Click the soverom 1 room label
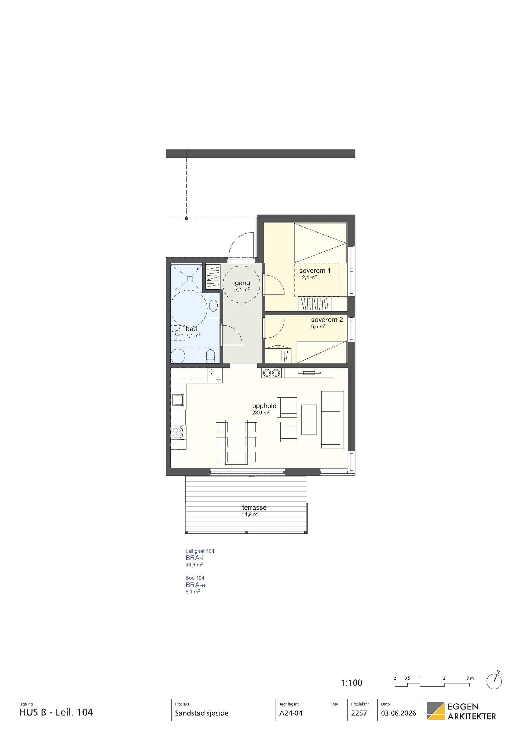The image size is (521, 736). click(x=315, y=271)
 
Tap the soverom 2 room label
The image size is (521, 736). click(x=327, y=320)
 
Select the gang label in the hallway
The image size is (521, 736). click(x=242, y=283)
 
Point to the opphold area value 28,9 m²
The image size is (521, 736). click(x=260, y=413)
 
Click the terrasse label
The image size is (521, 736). click(x=255, y=507)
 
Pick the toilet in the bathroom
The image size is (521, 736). click(x=211, y=356)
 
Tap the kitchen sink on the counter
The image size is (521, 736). click(x=178, y=399)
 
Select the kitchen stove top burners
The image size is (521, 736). click(x=178, y=432)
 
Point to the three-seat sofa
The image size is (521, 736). click(x=332, y=420)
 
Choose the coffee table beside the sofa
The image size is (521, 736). click(x=309, y=419)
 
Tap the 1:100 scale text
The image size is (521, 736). click(x=351, y=683)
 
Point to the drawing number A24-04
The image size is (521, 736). click(x=291, y=720)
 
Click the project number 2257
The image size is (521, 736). click(x=359, y=720)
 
